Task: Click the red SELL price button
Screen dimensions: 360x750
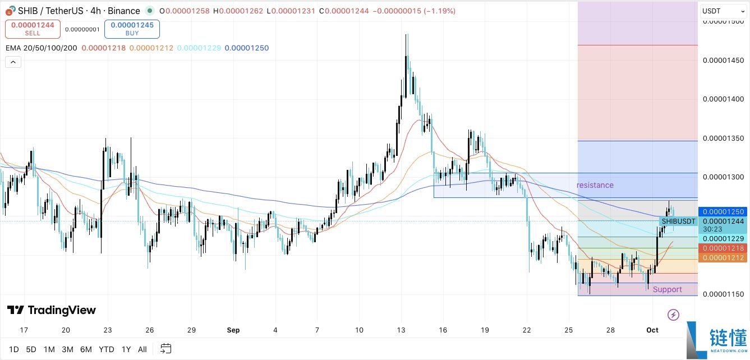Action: pyautogui.click(x=33, y=29)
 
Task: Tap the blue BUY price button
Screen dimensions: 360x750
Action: pyautogui.click(x=132, y=29)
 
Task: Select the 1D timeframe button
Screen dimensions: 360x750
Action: pyautogui.click(x=13, y=349)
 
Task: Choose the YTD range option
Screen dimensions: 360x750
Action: pyautogui.click(x=107, y=349)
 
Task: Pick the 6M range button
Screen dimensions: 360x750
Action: pyautogui.click(x=86, y=349)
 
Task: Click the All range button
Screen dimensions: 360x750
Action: pyautogui.click(x=142, y=349)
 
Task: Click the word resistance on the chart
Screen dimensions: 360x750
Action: pyautogui.click(x=595, y=185)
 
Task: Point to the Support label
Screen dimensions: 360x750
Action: pyautogui.click(x=667, y=289)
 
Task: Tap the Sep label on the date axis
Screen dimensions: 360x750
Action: pyautogui.click(x=233, y=330)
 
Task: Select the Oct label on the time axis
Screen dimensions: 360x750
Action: pyautogui.click(x=652, y=330)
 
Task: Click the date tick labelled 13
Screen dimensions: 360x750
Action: pyautogui.click(x=401, y=330)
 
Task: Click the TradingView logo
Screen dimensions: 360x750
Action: pyautogui.click(x=52, y=310)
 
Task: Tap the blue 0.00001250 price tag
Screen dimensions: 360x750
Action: pyautogui.click(x=721, y=212)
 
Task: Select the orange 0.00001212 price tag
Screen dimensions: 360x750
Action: pyautogui.click(x=721, y=257)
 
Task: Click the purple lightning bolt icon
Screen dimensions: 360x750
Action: pyautogui.click(x=674, y=315)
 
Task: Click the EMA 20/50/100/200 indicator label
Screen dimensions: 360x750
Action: pyautogui.click(x=40, y=48)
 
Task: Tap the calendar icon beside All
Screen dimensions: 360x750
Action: pyautogui.click(x=165, y=349)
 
